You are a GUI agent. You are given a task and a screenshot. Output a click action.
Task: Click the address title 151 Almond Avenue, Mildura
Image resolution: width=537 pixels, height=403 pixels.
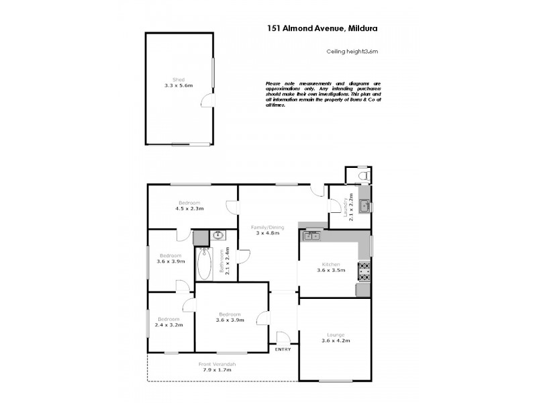(322, 28)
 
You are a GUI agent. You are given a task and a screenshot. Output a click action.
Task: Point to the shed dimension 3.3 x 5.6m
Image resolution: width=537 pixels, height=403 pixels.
(179, 86)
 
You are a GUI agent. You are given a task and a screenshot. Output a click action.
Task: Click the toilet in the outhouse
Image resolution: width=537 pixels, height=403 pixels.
(363, 176)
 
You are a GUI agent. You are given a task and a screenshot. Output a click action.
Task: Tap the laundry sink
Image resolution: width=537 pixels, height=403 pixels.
(364, 206)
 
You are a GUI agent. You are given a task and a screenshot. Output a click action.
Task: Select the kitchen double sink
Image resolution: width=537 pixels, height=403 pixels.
(312, 235)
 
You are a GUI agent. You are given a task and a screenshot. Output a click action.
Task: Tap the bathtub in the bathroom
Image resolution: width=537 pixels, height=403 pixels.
(204, 265)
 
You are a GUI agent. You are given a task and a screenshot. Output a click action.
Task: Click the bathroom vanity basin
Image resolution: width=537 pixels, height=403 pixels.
(217, 236)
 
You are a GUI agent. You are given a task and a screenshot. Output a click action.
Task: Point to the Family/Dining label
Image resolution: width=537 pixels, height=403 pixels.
(268, 228)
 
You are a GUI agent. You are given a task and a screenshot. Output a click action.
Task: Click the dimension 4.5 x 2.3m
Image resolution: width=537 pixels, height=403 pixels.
(189, 209)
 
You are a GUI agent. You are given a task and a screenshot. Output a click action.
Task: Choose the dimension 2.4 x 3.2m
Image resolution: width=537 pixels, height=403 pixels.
(169, 326)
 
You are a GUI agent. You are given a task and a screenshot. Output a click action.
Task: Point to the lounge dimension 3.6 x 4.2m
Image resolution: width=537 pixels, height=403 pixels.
(336, 341)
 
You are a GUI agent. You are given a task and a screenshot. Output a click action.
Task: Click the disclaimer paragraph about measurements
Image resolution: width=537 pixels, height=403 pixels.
(323, 95)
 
